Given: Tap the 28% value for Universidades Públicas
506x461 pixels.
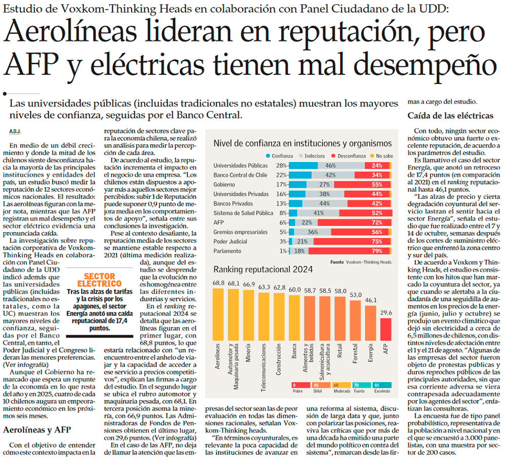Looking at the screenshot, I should pyautogui.click(x=281, y=166).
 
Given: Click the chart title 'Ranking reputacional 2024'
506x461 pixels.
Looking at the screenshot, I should pyautogui.click(x=263, y=269).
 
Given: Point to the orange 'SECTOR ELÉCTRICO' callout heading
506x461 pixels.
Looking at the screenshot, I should pyautogui.click(x=99, y=280).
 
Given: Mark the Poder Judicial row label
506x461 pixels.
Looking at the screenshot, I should pyautogui.click(x=230, y=242).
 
